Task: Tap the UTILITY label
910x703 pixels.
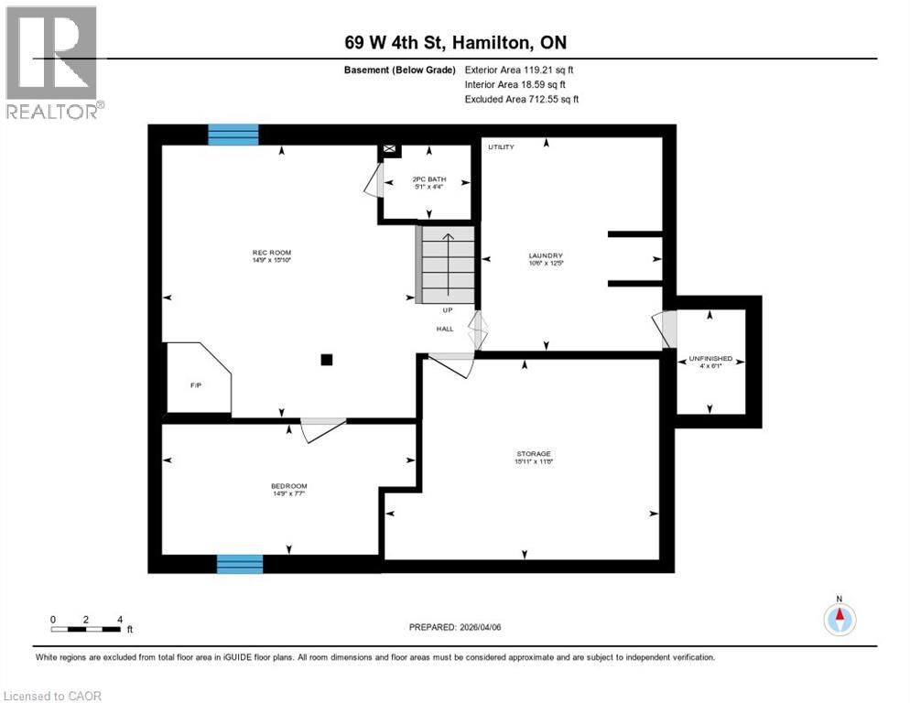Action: click(x=501, y=147)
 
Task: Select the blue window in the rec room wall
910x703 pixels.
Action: click(x=233, y=135)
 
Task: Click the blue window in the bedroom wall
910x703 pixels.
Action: click(x=240, y=564)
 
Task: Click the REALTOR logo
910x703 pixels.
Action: click(x=53, y=62)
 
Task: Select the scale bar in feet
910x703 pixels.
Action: click(x=86, y=628)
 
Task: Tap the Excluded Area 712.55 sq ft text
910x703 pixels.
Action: click(x=522, y=99)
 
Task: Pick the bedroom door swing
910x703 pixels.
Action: click(x=322, y=429)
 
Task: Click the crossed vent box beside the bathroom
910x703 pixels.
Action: click(x=390, y=148)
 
